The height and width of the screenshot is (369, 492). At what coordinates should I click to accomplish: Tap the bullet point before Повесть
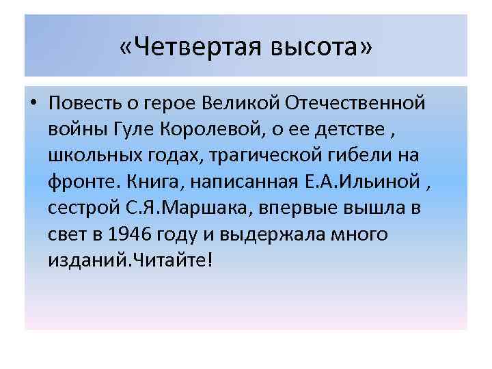pos(32,104)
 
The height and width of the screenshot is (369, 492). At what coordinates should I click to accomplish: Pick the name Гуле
pos(141,131)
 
